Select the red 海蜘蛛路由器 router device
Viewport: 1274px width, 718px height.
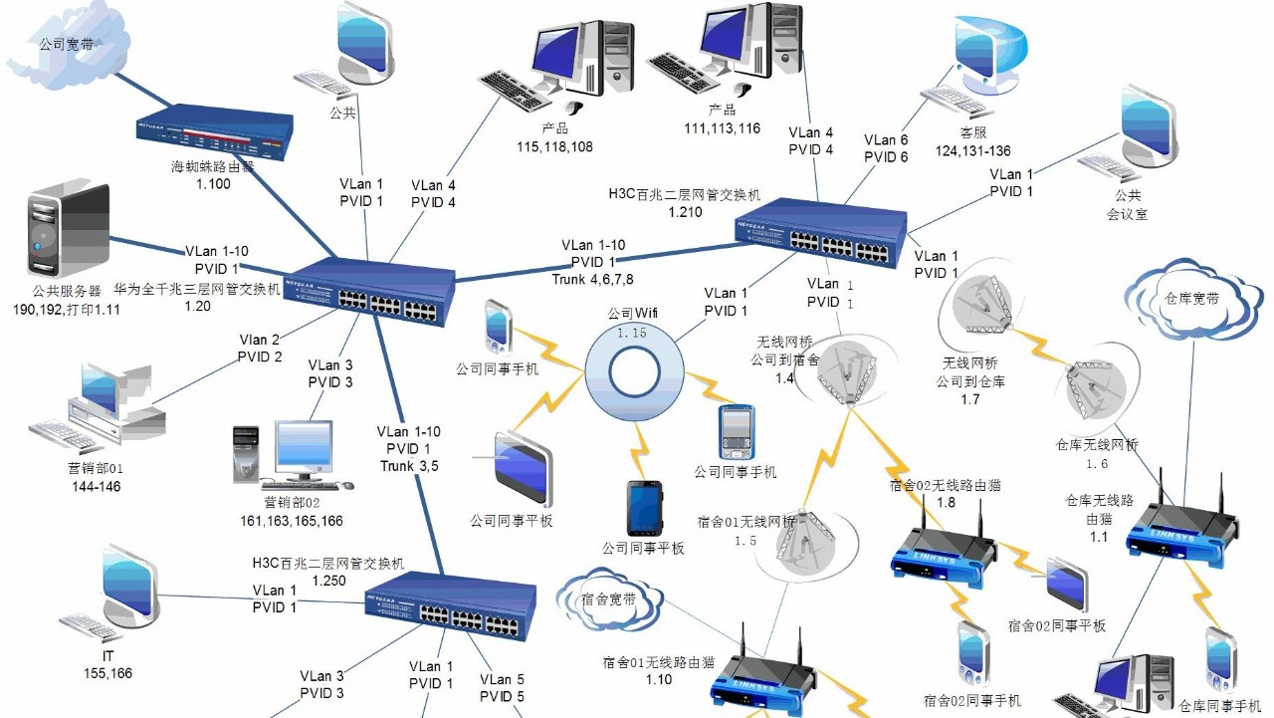point(215,133)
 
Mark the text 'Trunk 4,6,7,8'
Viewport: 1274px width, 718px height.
point(593,279)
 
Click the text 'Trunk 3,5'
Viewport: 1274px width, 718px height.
point(409,466)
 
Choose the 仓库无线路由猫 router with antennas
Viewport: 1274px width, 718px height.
point(1179,524)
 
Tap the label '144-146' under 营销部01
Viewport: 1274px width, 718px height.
point(97,486)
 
